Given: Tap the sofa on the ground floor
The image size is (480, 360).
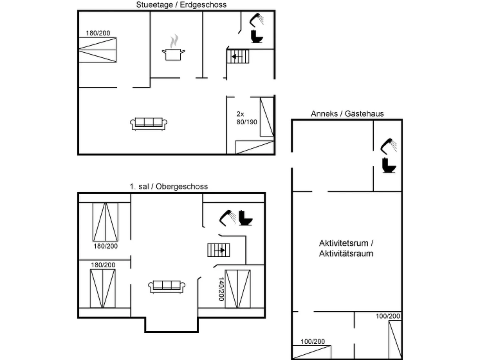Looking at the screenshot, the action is tap(149, 124).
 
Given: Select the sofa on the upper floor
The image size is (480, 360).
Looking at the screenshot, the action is tap(167, 287).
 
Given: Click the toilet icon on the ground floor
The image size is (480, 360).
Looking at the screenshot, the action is tap(256, 36).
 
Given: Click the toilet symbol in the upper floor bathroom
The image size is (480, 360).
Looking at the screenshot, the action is tap(245, 218).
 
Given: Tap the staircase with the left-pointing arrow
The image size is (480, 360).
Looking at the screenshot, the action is tap(238, 56).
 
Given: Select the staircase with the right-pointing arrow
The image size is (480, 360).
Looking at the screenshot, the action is tap(218, 250).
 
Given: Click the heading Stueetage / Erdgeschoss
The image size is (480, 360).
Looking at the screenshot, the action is tap(181, 5).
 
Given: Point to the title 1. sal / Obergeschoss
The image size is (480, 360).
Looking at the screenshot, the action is tap(169, 186).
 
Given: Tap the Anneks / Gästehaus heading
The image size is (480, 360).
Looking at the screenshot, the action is tap(347, 114).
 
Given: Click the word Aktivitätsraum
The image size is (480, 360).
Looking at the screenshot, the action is tap(346, 254).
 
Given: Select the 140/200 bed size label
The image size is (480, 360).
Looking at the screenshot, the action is tap(221, 289).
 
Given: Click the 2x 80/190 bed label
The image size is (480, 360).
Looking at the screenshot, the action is tap(247, 118).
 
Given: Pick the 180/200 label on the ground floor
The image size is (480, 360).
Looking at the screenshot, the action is tap(98, 33).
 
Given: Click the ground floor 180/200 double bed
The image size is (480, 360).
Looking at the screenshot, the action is tap(97, 50).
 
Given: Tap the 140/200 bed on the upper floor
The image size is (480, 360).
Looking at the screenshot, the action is tap(238, 289).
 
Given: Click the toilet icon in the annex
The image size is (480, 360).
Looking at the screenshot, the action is tap(389, 166).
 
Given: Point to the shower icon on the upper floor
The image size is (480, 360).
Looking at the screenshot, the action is tap(227, 218).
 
